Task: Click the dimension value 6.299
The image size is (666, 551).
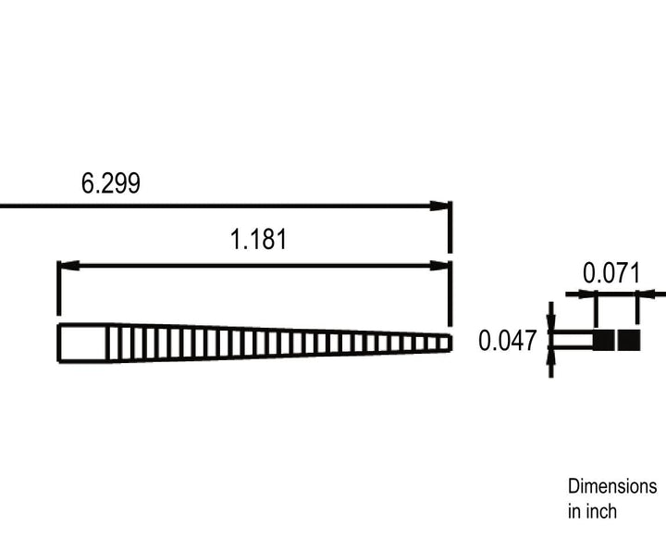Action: pos(110,183)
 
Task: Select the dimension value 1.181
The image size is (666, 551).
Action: pos(258,239)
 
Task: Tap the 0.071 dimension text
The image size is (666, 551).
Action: pos(611,273)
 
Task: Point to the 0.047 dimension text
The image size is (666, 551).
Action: pos(507,341)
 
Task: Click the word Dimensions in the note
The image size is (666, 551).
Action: pos(612,486)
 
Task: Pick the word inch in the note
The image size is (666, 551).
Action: pos(602,511)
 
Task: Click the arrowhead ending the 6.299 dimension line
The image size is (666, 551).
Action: pos(439,206)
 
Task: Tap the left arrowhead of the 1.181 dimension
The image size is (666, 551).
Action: pos(68,266)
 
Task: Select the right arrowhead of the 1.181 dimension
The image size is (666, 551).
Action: pos(439,266)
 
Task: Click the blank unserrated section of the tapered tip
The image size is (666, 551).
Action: pos(82,343)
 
